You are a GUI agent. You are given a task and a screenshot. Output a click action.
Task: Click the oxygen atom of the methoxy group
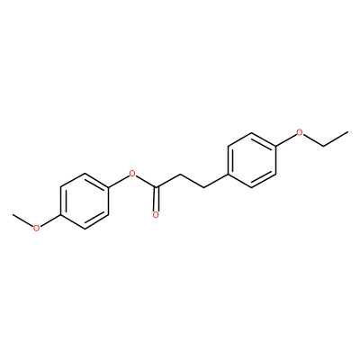[x=36, y=228]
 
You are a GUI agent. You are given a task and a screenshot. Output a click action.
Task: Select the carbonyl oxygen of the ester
[x=156, y=215]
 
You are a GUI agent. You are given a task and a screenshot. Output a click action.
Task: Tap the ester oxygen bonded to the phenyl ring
[x=131, y=174]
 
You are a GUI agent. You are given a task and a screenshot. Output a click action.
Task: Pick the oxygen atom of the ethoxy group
[x=299, y=132]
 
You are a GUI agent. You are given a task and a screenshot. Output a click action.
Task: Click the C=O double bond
[x=156, y=199]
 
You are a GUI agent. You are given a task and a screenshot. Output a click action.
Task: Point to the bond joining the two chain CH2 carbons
[x=192, y=181]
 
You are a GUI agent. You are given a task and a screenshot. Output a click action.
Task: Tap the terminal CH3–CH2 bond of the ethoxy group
[x=336, y=139]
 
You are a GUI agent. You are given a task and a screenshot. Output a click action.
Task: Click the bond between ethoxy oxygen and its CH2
[x=313, y=140]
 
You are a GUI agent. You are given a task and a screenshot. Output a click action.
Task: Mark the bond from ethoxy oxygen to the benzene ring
[x=285, y=140]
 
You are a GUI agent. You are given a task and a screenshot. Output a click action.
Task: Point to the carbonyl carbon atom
[x=156, y=187]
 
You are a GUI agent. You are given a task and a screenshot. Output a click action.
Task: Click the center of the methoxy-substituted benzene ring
[x=84, y=202]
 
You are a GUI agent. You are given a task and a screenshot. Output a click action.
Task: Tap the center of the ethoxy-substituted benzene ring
[x=251, y=160]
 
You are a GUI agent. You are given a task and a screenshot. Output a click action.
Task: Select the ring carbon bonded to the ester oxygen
[x=108, y=187]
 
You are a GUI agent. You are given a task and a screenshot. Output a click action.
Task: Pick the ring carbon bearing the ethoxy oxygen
[x=275, y=147]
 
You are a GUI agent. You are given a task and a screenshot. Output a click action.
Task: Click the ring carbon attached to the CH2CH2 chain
[x=228, y=174]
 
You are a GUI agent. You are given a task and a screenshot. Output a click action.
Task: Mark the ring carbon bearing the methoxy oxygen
[x=61, y=215]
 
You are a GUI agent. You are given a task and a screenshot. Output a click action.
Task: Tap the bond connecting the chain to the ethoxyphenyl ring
[x=216, y=181]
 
